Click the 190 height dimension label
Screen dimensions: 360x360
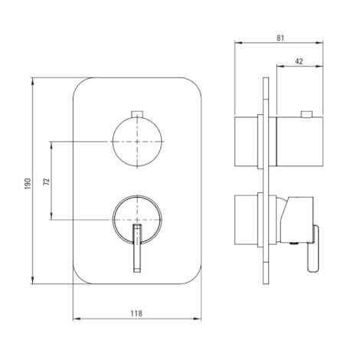click(28, 184)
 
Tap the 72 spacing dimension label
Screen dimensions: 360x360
click(47, 182)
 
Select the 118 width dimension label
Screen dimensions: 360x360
click(136, 313)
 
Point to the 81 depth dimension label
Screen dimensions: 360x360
click(280, 38)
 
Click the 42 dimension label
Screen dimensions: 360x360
click(299, 61)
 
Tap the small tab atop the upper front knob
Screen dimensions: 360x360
click(137, 114)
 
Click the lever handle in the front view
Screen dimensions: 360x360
click(137, 248)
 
